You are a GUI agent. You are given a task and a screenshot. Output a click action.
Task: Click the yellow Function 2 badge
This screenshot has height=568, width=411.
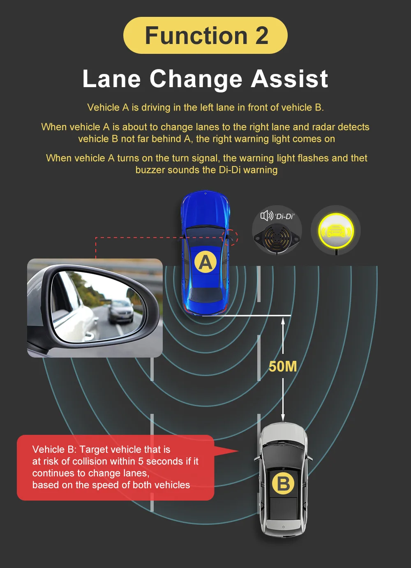tap(205, 35)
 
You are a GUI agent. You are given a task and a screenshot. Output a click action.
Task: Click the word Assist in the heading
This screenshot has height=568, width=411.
tap(289, 79)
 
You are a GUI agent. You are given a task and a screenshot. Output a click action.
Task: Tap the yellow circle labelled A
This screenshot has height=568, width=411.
tap(205, 262)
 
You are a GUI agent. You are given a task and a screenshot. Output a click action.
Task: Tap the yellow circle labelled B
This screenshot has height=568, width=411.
tap(283, 483)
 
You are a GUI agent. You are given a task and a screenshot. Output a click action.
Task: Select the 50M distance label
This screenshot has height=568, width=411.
tap(283, 367)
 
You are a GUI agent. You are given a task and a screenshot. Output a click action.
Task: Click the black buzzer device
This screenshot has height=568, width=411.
tap(277, 239)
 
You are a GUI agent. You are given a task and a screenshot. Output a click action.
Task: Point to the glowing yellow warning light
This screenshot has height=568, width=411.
tap(336, 230)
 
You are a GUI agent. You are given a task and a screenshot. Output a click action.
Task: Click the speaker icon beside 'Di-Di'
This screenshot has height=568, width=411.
tap(267, 216)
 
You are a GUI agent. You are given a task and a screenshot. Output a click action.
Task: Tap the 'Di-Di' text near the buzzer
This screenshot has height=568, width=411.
tap(284, 216)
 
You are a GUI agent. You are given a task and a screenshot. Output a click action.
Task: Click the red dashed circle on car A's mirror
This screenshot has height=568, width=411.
tap(230, 237)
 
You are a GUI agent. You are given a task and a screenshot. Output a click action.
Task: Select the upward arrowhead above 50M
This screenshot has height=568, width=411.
tap(283, 321)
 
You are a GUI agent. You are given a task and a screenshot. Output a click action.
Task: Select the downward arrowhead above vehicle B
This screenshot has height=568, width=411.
tap(283, 418)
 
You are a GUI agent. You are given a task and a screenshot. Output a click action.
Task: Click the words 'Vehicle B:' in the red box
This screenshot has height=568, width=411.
tap(54, 449)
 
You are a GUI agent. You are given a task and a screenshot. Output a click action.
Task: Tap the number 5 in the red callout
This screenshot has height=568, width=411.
tap(141, 461)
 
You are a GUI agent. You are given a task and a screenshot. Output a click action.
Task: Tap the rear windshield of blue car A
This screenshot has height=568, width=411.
tap(205, 295)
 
